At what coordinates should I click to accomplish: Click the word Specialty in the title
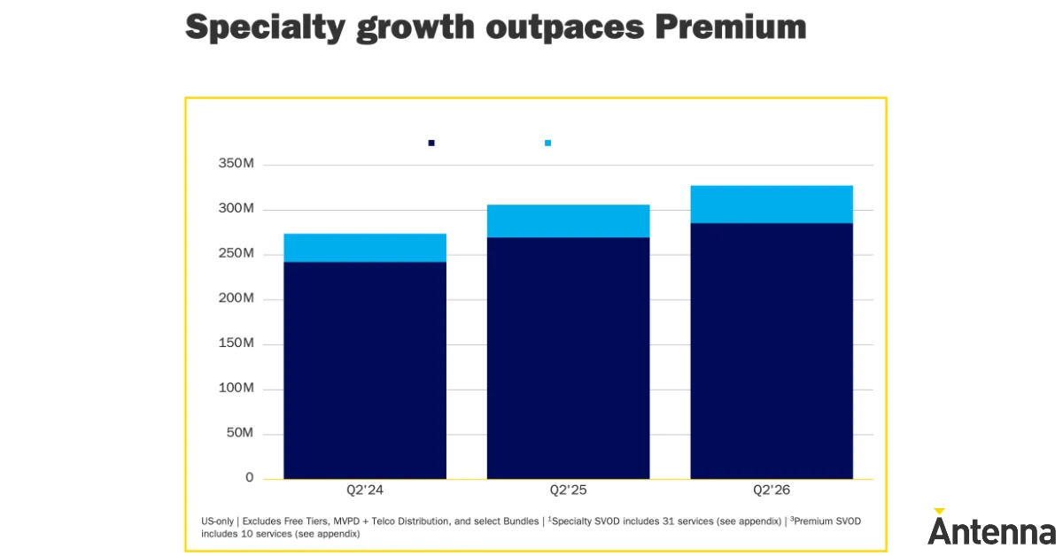[x=265, y=27]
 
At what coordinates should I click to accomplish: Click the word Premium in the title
[x=731, y=27]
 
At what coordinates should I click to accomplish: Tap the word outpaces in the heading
[x=565, y=28]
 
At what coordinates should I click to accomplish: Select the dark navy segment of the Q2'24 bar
[x=365, y=370]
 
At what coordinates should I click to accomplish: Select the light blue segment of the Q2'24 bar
[x=365, y=248]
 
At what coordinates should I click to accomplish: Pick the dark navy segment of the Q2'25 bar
[x=568, y=358]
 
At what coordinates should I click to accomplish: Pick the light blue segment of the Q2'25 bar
[x=568, y=221]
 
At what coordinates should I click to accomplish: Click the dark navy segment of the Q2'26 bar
[x=772, y=351]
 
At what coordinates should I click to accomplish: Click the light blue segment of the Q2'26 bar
[x=772, y=204]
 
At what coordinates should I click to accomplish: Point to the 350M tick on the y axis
[x=236, y=163]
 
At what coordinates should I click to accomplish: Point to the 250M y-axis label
[x=236, y=253]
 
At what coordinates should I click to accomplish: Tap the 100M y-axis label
[x=236, y=388]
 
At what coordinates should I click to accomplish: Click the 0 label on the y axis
[x=249, y=478]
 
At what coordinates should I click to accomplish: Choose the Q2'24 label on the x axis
[x=365, y=490]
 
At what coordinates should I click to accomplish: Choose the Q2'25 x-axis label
[x=568, y=490]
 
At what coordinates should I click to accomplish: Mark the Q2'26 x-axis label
[x=772, y=490]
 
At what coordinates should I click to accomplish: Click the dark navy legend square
[x=431, y=143]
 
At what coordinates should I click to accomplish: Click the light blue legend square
[x=547, y=143]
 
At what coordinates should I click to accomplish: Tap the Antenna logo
[x=992, y=527]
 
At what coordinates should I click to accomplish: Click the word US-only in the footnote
[x=217, y=521]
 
